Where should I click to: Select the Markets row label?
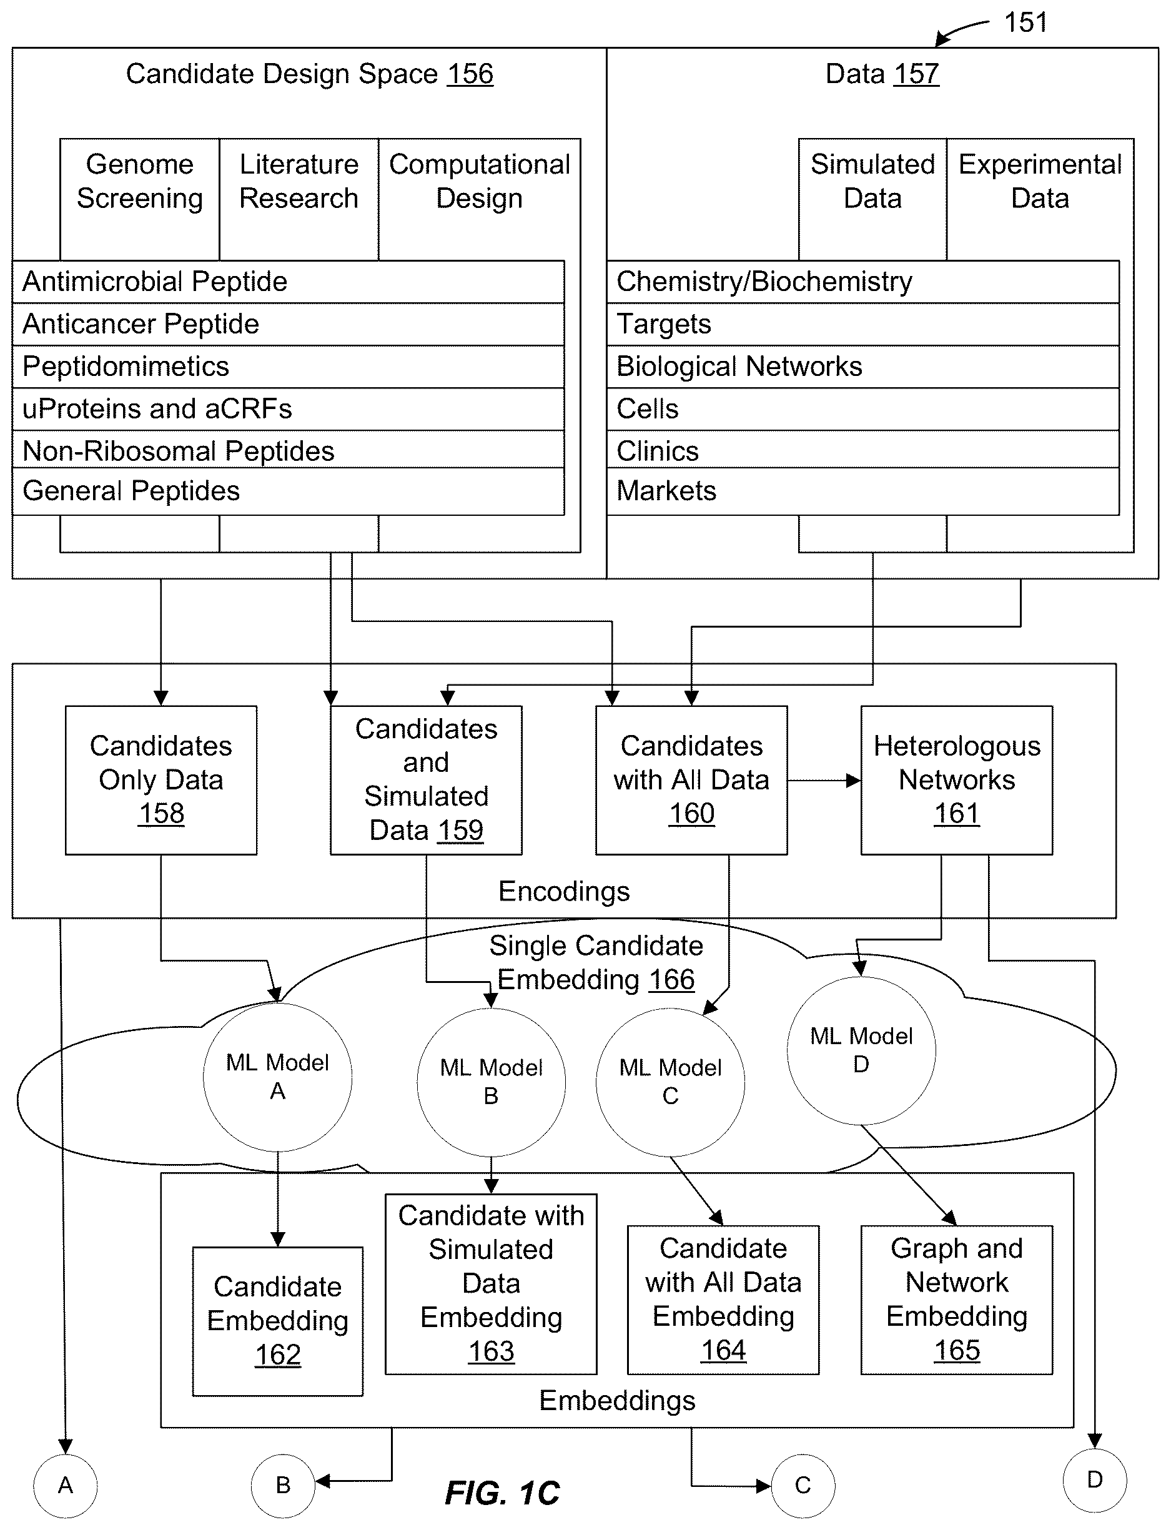coord(666,491)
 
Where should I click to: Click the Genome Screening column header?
coord(140,181)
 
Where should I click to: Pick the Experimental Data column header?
coord(1040,181)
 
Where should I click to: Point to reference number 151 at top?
coord(1025,22)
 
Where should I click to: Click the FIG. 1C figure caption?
coord(503,1493)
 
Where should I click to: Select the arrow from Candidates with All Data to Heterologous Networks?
coord(824,781)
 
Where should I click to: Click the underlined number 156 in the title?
coord(470,74)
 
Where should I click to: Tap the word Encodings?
coord(564,892)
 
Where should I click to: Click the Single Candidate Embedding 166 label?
coord(596,962)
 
